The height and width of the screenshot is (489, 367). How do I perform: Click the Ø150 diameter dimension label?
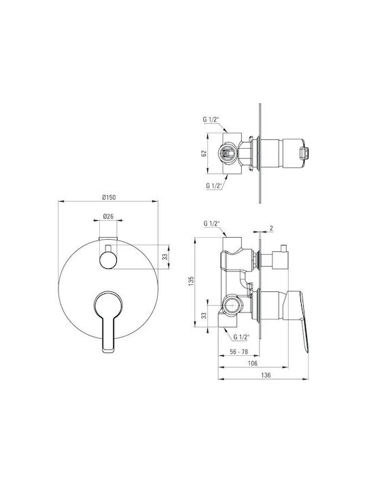(109, 197)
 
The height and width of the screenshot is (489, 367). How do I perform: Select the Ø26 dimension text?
(108, 216)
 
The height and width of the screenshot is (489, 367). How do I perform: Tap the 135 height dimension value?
(192, 280)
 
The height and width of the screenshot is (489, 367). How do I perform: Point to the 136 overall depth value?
(266, 375)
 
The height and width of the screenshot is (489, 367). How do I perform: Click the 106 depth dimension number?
(252, 363)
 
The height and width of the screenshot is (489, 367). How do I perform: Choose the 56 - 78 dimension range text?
(239, 352)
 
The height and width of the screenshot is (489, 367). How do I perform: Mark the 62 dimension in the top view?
(204, 153)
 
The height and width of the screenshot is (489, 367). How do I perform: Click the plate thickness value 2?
(271, 228)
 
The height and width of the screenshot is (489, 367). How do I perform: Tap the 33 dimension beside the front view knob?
(165, 257)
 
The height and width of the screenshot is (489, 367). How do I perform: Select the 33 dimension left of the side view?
(204, 315)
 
